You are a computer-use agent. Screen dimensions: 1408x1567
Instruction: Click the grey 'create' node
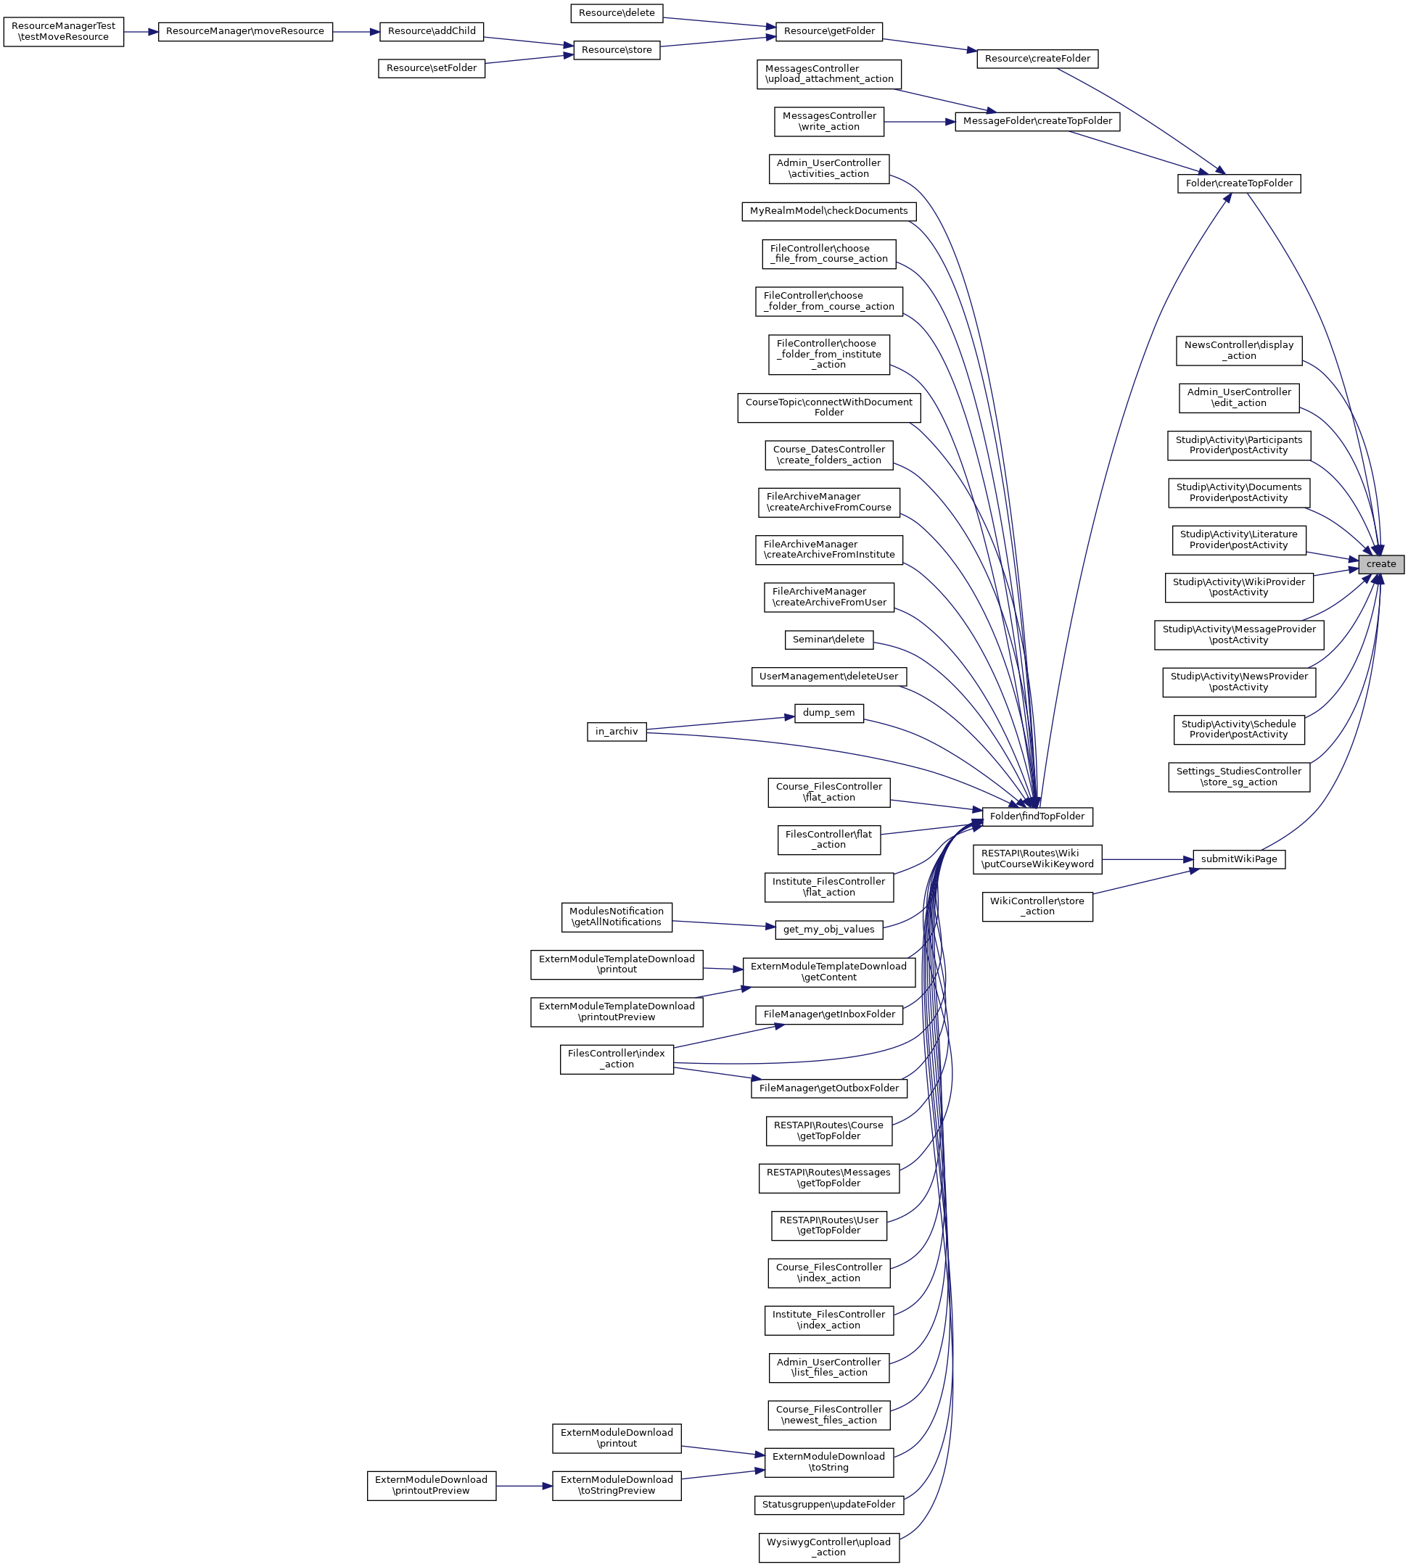1380,564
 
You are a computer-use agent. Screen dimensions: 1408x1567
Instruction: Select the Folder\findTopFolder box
1037,816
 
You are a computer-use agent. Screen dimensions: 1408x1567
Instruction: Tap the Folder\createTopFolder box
1238,183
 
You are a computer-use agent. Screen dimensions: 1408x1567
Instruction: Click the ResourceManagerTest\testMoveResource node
63,31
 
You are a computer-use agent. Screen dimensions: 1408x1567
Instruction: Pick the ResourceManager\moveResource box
245,32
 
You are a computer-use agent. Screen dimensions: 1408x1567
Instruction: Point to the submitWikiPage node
1238,859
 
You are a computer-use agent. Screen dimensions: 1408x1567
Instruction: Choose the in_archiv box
617,731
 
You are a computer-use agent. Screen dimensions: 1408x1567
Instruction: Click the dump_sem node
828,712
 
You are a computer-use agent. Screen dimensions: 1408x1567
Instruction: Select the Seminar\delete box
828,640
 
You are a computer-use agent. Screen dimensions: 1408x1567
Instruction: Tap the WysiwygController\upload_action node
828,1547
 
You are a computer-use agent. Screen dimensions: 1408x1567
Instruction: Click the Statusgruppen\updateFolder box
828,1505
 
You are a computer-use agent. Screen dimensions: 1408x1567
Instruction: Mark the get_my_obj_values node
828,930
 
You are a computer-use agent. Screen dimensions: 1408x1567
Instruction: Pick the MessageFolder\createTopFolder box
1037,121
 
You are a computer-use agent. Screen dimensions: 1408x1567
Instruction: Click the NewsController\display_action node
1238,350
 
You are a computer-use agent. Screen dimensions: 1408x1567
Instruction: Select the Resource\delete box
617,13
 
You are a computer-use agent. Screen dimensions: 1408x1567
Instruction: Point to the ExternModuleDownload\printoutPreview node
431,1485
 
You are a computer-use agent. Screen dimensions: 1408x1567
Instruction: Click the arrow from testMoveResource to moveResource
141,32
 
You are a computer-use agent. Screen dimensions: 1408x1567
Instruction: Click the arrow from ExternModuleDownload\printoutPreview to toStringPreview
524,1486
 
